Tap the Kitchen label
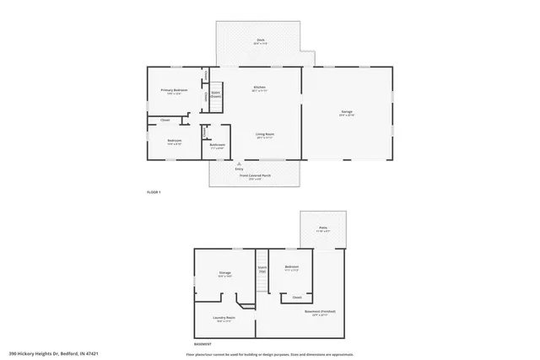(260, 89)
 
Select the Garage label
(346, 113)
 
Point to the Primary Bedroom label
(174, 90)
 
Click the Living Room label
(265, 135)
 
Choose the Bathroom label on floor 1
(217, 146)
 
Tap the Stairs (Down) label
(215, 96)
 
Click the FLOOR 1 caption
(154, 193)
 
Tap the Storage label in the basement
(224, 274)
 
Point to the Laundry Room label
(224, 319)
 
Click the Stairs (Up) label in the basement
(262, 270)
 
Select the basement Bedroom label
(292, 268)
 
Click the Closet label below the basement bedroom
(297, 297)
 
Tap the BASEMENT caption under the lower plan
(202, 345)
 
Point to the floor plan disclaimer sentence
(270, 354)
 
